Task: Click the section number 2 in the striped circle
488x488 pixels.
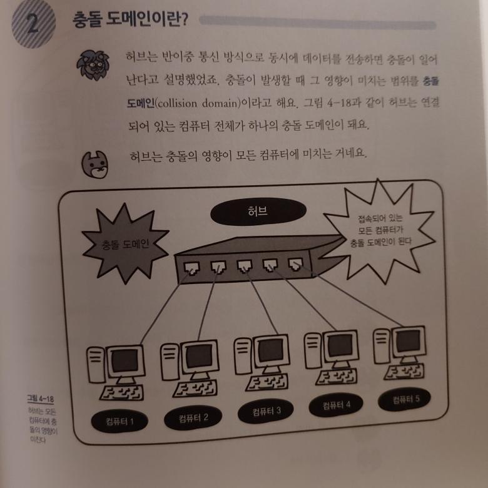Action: coord(33,24)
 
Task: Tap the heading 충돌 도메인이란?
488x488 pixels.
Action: coord(130,20)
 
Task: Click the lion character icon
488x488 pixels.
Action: coord(93,65)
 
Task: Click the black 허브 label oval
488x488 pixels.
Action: coord(258,211)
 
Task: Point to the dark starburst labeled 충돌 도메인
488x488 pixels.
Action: coord(125,244)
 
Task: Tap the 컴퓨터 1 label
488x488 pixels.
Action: coord(119,422)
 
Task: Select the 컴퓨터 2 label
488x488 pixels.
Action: coord(193,418)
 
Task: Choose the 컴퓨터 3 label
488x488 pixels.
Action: coord(265,412)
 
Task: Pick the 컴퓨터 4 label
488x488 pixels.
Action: coord(336,405)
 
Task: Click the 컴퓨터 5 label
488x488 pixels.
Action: coord(405,399)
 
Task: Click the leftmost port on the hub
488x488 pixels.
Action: coord(191,268)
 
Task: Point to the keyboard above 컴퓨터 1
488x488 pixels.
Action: coord(122,393)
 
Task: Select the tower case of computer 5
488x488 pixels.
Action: coord(382,346)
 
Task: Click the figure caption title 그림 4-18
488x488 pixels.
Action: coord(40,399)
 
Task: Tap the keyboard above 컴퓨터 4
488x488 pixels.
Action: coord(337,377)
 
